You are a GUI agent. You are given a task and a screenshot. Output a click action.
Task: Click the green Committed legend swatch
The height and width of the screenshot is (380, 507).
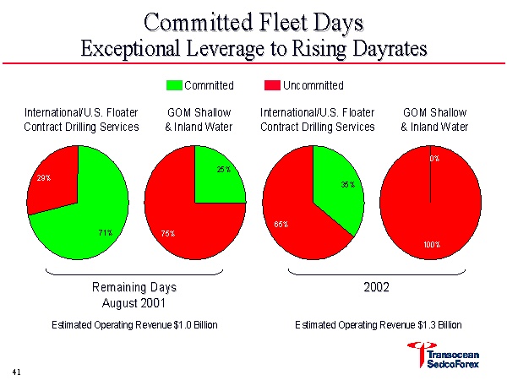174,85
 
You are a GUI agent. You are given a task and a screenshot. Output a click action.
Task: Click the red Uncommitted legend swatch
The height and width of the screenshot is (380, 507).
271,85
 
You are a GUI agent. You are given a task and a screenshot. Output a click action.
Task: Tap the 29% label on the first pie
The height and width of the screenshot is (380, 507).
43,178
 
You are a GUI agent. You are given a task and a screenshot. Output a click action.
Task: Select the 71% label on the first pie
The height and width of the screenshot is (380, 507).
106,232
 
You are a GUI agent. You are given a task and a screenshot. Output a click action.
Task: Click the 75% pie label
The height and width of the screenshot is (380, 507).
167,233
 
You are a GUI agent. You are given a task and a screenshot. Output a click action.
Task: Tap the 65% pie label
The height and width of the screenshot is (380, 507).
281,225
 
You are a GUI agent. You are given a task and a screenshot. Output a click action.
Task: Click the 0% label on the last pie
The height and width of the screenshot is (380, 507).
434,158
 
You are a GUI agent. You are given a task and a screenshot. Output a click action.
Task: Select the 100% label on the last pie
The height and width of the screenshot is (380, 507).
432,245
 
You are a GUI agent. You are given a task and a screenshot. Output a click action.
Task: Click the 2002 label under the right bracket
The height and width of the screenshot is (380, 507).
377,287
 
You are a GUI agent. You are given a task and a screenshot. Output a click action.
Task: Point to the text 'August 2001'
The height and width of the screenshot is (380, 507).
134,301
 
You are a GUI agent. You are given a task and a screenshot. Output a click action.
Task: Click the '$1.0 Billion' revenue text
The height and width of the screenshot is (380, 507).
193,324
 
